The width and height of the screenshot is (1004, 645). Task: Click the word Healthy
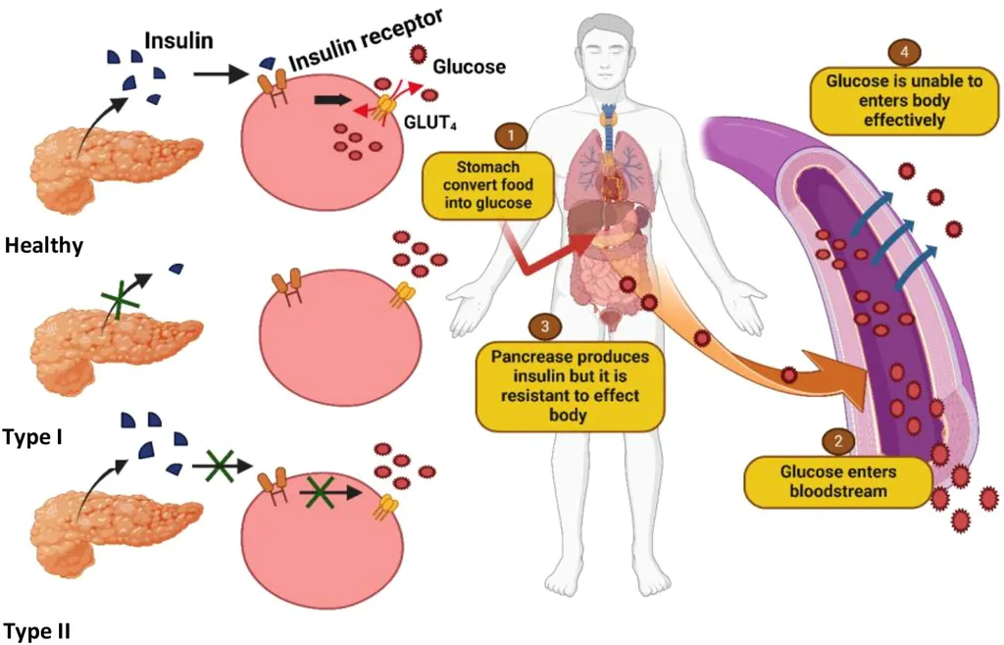click(x=43, y=246)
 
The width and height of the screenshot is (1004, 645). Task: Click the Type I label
click(x=33, y=435)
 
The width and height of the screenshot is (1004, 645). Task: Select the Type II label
click(x=36, y=629)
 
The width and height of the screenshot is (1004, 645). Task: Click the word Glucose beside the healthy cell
click(x=469, y=67)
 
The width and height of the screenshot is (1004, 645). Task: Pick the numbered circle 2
click(x=836, y=441)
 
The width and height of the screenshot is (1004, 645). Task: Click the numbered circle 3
click(x=541, y=326)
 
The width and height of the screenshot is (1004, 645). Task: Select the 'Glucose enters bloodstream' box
click(x=837, y=480)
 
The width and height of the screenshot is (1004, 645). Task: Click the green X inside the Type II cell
click(x=320, y=490)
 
